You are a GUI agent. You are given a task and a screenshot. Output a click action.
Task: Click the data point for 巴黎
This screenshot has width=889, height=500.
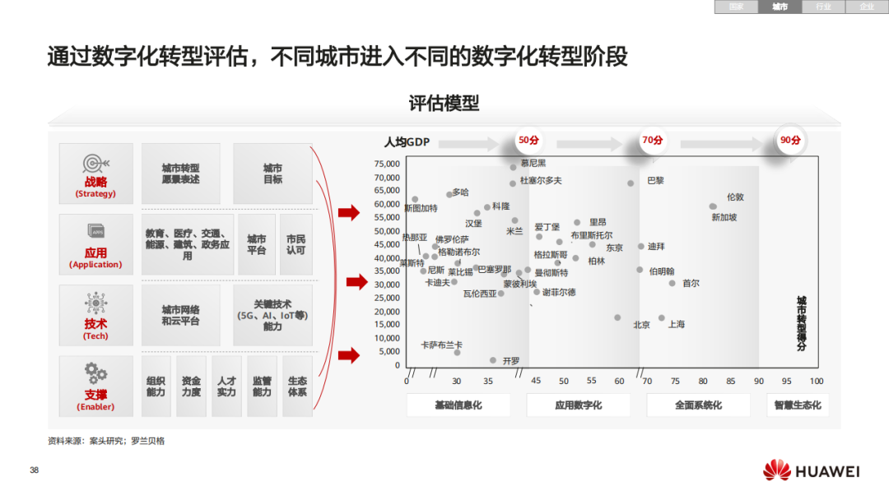tap(631, 183)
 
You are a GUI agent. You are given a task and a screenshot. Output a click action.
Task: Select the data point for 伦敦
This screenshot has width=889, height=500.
tap(713, 206)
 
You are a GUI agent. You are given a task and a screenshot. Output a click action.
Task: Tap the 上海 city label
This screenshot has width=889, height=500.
tap(677, 324)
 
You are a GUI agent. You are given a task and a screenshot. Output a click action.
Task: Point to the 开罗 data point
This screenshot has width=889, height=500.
tap(493, 360)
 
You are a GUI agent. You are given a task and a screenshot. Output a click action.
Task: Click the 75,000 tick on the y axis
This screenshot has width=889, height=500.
tap(387, 164)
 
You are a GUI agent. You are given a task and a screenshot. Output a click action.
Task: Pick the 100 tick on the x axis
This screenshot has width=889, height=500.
tap(817, 381)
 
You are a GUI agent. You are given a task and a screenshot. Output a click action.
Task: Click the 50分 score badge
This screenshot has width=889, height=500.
tap(528, 140)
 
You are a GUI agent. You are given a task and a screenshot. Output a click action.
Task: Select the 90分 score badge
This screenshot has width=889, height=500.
tap(790, 140)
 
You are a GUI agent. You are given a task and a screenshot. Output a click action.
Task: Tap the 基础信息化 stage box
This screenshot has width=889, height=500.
tap(458, 405)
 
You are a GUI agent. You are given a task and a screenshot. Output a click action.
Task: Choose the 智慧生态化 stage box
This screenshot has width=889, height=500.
tap(798, 405)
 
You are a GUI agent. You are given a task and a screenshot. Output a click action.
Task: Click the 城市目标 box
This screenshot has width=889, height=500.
tap(272, 174)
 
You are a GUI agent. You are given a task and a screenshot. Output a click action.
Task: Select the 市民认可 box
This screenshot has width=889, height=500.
tap(296, 244)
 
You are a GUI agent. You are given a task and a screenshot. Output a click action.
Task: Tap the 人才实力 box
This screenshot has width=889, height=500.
tap(226, 387)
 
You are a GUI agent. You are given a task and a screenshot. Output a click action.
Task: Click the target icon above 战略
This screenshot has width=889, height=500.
tap(96, 163)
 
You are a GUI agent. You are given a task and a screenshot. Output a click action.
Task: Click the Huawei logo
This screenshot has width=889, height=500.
tap(810, 471)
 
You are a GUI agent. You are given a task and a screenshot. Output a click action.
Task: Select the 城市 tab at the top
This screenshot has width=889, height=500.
tap(780, 7)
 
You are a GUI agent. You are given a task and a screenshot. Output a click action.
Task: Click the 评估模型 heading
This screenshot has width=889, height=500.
tap(444, 104)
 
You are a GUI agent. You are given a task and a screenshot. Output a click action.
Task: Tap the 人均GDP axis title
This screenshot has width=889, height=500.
tap(407, 141)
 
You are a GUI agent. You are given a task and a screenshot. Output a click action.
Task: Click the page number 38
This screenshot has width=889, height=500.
tap(35, 470)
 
